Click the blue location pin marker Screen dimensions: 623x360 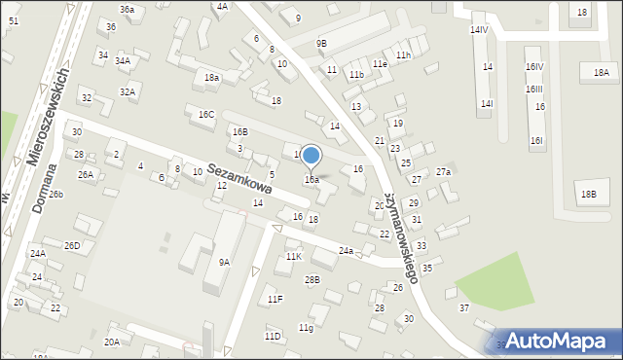tap(311, 156)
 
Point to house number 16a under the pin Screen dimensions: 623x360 tap(311, 180)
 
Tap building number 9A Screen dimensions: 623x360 tap(225, 262)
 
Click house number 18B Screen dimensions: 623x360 tap(589, 195)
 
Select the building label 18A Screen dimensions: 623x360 tap(602, 73)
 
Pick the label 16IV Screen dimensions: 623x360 tap(534, 67)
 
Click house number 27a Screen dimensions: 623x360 tap(444, 172)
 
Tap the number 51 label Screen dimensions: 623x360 tap(12, 20)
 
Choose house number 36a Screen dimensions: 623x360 tap(128, 9)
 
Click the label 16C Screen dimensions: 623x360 tap(206, 115)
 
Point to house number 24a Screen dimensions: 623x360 tap(346, 251)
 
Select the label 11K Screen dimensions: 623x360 tap(294, 257)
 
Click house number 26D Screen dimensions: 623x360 tap(72, 246)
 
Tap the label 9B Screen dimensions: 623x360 tap(321, 44)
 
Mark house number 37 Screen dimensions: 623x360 tap(464, 308)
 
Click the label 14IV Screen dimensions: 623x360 tap(479, 30)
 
